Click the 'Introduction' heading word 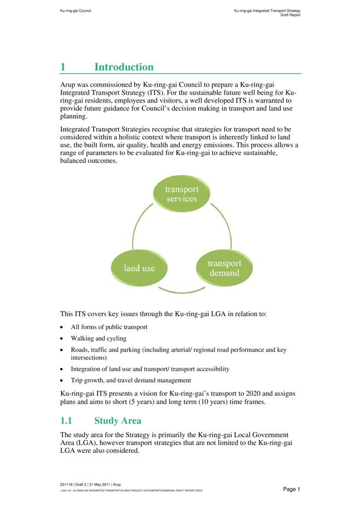(x=124, y=67)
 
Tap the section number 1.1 (x=70, y=421)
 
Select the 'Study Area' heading (x=118, y=421)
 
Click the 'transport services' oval (x=181, y=193)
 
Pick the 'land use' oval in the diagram (x=139, y=268)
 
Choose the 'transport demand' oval (x=224, y=268)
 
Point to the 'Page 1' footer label (x=291, y=489)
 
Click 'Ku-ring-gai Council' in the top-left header (x=75, y=11)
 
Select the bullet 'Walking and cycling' (x=99, y=338)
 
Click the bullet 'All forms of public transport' (x=109, y=327)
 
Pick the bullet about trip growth (x=131, y=380)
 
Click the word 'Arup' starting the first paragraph (x=69, y=84)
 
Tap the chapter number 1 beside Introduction (x=63, y=67)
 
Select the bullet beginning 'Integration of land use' (x=150, y=369)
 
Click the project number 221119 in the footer (x=68, y=484)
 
